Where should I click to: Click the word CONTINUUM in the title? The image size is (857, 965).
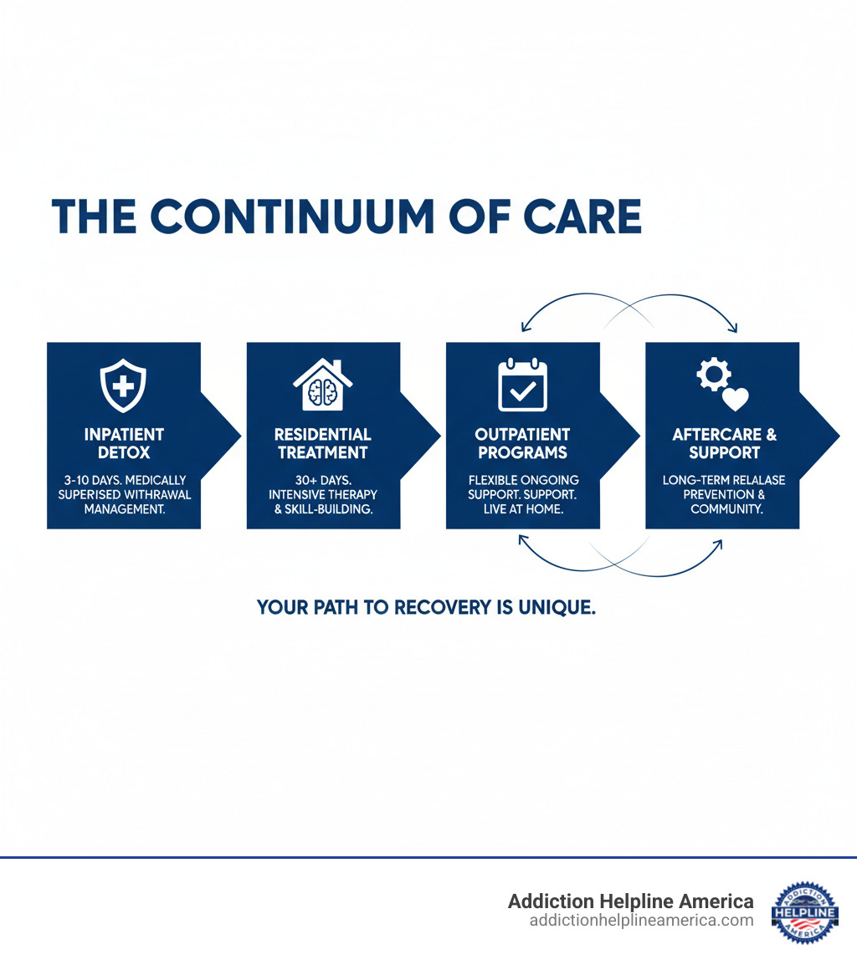(293, 216)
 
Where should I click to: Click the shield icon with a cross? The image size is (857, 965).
(123, 387)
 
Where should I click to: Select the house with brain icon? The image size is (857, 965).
(322, 385)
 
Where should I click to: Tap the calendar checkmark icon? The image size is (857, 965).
(522, 385)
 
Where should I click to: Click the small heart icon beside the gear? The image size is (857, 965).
(735, 399)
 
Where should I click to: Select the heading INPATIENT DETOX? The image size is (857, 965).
(124, 443)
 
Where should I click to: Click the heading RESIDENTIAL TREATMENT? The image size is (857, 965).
(323, 443)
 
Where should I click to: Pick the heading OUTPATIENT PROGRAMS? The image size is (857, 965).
(522, 443)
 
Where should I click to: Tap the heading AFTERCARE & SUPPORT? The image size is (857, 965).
(724, 443)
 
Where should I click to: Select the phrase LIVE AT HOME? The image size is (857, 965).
(522, 508)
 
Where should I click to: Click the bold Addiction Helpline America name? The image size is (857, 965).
(630, 901)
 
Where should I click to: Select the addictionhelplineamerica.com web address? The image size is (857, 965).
(641, 921)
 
